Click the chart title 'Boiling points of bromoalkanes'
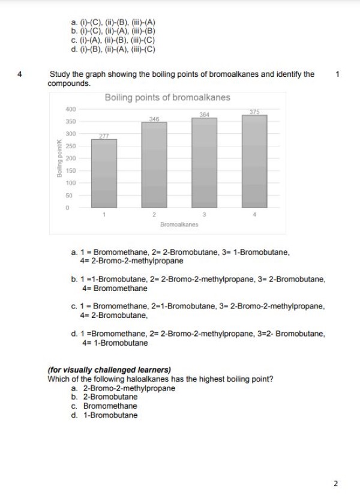point(167,97)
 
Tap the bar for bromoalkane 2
point(154,165)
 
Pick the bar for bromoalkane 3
point(204,163)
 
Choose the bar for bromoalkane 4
point(254,161)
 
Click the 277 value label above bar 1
point(104,136)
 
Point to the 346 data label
point(154,119)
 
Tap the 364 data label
point(204,115)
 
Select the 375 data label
point(254,112)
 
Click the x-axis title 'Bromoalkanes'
point(179,224)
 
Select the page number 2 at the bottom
point(336,483)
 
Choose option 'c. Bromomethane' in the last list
point(104,406)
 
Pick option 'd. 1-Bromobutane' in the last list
point(104,415)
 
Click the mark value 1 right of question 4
point(338,74)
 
